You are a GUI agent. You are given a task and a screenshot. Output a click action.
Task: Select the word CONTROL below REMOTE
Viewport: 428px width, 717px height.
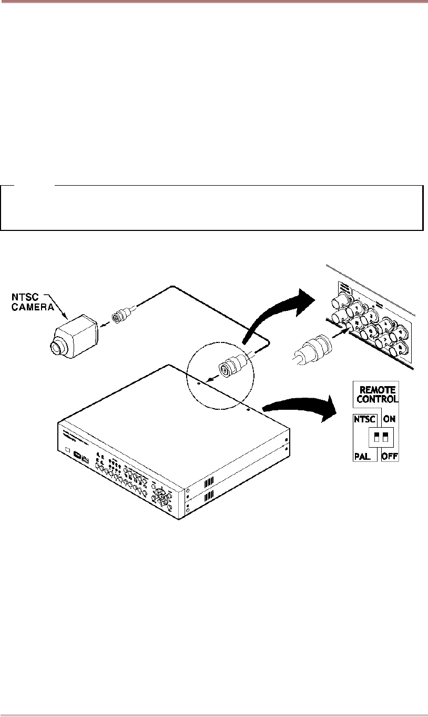click(x=376, y=399)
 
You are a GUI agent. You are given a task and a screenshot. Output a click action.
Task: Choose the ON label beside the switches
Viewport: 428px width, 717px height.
click(x=390, y=420)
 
